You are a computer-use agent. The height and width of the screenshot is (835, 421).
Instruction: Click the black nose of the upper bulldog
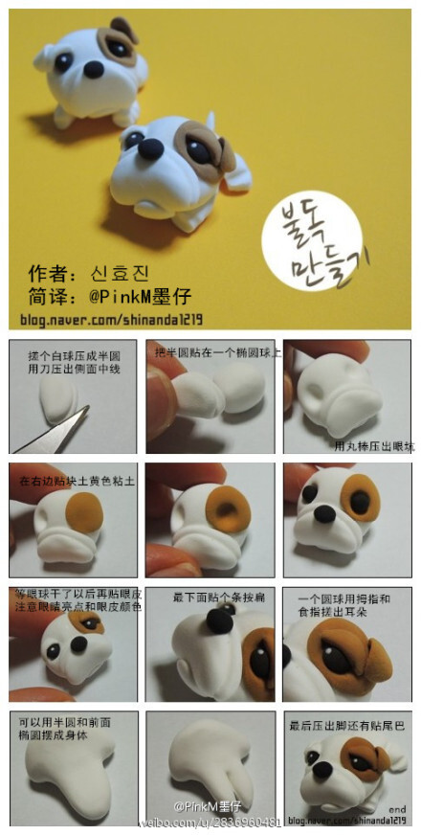coord(94,70)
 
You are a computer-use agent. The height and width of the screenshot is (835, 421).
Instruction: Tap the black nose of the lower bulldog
coord(150,148)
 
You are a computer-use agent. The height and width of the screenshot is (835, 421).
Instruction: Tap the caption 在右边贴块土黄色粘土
coord(71,480)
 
